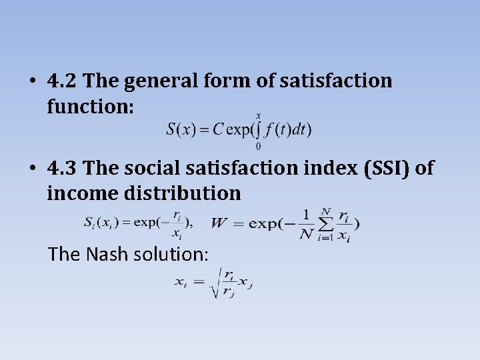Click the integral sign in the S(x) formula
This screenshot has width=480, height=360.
258,129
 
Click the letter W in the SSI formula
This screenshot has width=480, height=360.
218,223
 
